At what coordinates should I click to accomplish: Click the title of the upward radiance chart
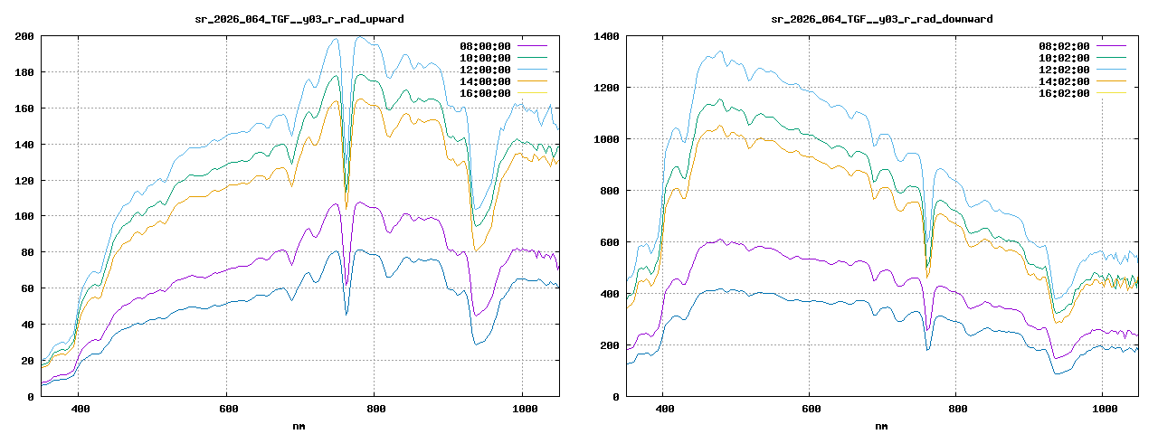(300, 19)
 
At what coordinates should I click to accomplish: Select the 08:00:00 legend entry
(487, 45)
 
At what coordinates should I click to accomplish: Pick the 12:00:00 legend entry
(487, 70)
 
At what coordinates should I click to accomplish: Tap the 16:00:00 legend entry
(487, 93)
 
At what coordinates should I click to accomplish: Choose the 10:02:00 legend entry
(1066, 58)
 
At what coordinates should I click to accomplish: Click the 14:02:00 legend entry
(1066, 81)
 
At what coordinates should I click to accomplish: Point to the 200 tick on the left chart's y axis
(24, 36)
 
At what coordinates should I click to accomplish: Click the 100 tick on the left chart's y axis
(24, 216)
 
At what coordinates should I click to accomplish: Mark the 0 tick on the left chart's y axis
(31, 396)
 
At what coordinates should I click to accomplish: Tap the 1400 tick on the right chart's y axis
(606, 36)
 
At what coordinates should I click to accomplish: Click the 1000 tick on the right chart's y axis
(606, 139)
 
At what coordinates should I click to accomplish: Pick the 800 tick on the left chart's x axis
(375, 409)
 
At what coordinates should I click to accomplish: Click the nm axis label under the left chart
(299, 425)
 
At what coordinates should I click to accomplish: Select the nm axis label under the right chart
(881, 425)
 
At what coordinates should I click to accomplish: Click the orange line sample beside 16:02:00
(1110, 93)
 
